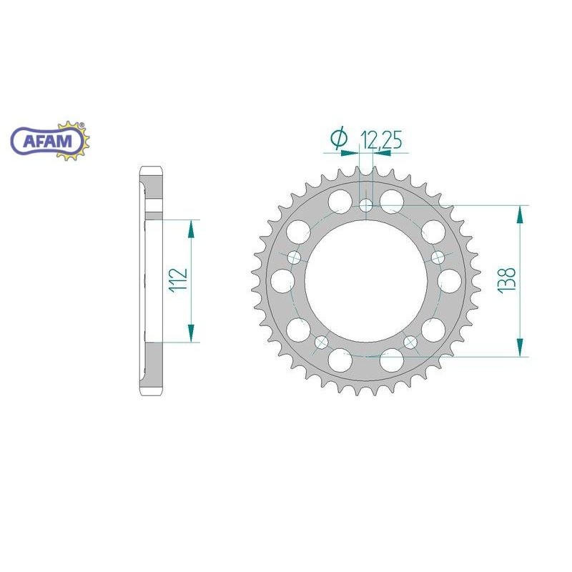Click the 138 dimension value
point(508,281)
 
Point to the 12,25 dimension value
point(380,141)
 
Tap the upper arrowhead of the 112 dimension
point(191,228)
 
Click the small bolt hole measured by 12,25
point(367,206)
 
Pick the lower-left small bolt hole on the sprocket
point(322,341)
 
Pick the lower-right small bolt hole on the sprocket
point(410,342)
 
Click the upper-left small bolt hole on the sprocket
point(296,257)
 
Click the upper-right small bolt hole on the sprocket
point(437,257)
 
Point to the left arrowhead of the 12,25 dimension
point(355,152)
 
